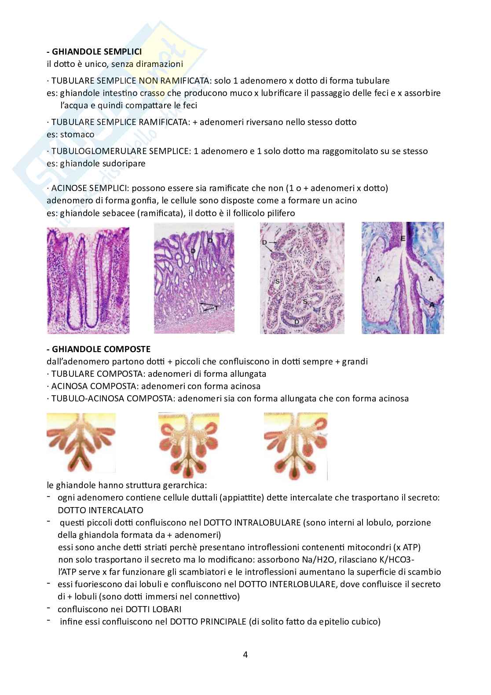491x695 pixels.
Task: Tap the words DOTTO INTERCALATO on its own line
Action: pyautogui.click(x=100, y=510)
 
